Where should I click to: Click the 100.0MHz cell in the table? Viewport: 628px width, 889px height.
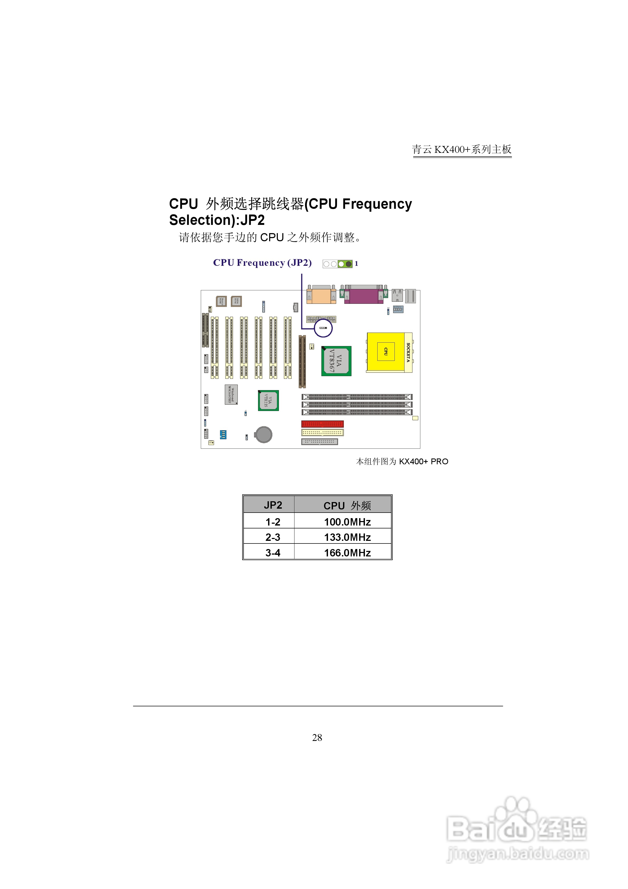coord(347,522)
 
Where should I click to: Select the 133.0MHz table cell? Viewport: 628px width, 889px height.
coord(347,537)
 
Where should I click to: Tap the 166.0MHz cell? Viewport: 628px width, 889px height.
coord(347,552)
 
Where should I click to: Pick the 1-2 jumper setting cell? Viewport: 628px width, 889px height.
coord(273,522)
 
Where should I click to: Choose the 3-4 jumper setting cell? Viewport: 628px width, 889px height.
coord(273,552)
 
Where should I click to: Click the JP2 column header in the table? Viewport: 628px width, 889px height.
coord(273,505)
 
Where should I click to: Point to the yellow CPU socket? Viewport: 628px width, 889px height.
coord(386,352)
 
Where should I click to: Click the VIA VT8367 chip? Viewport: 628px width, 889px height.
coord(336,361)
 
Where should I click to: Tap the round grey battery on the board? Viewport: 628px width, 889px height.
coord(264,434)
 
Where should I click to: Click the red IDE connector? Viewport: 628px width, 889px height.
coord(322,424)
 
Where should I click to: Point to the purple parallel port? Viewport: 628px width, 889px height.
coord(364,295)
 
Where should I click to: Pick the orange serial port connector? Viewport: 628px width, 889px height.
coord(321,295)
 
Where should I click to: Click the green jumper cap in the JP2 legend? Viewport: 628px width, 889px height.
coord(345,264)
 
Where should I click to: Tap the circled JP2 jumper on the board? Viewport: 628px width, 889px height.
coord(323,328)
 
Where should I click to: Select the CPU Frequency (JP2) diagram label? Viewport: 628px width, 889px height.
coord(262,263)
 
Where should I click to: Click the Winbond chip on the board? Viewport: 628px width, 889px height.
coord(231,394)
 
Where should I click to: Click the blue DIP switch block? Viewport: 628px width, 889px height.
coord(223,434)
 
